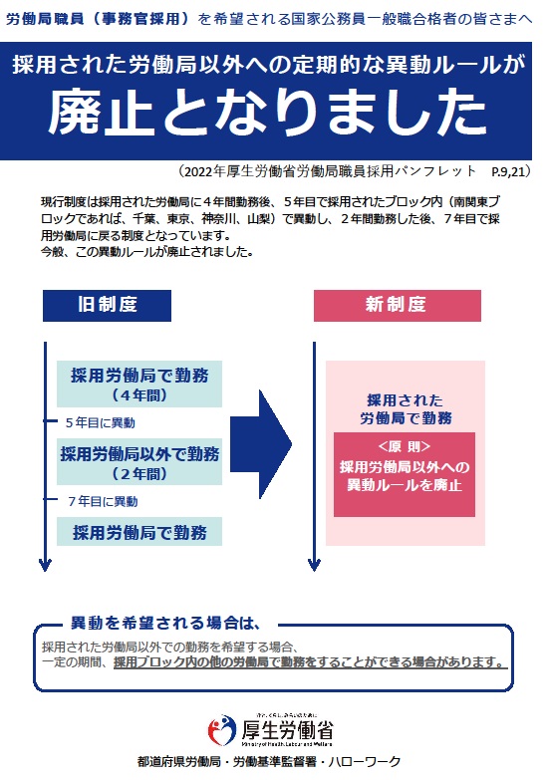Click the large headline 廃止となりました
tap(267, 112)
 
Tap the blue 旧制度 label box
tap(107, 306)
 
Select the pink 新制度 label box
tap(398, 306)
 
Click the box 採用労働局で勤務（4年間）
tap(139, 385)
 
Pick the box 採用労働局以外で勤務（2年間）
tap(139, 462)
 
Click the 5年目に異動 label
tap(101, 422)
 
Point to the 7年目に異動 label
tap(103, 501)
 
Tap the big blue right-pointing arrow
tap(261, 444)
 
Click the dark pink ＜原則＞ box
tap(405, 474)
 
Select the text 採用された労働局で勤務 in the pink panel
tap(406, 408)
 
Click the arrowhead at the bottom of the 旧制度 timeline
tap(45, 566)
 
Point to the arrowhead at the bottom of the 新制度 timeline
tap(314, 566)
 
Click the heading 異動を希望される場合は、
tap(166, 623)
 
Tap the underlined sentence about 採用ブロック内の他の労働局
tap(311, 662)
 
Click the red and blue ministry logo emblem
tap(222, 730)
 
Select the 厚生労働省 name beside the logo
tap(288, 730)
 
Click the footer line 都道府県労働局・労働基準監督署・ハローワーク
tap(269, 762)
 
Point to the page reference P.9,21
tap(508, 172)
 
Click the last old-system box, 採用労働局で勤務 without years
tap(139, 532)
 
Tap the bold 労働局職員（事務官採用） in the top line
tap(98, 19)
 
